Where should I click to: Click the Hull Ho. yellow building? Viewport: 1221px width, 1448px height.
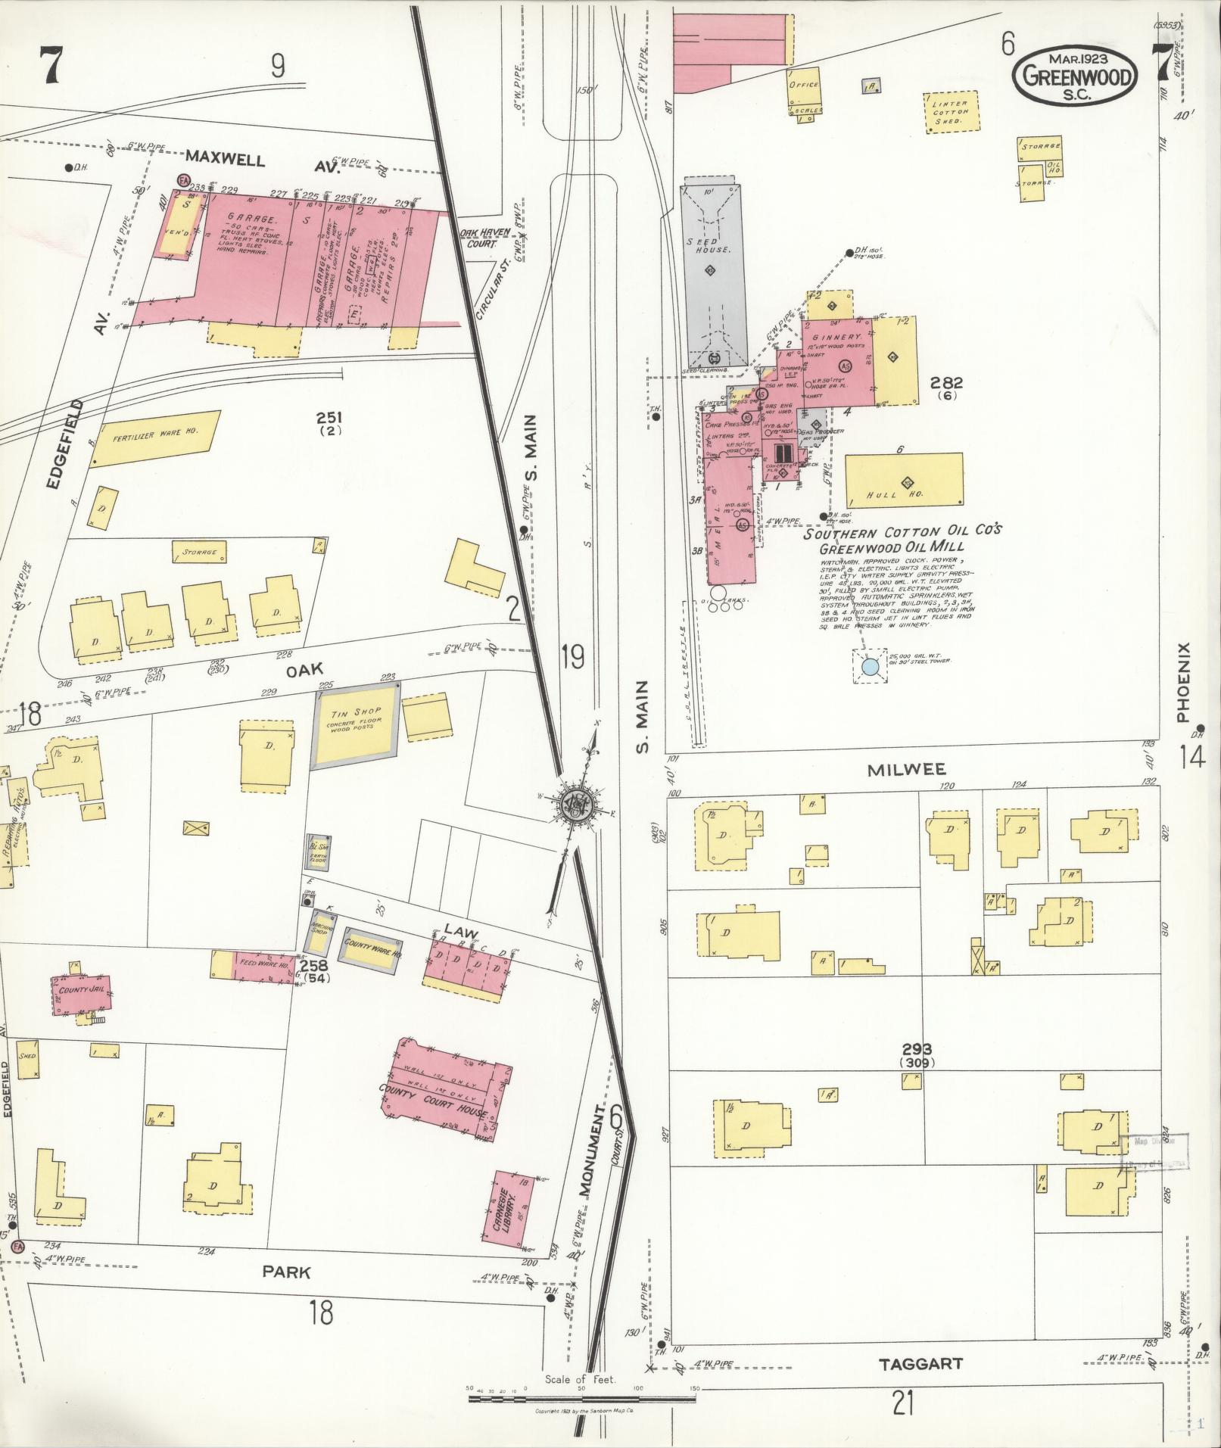pos(904,479)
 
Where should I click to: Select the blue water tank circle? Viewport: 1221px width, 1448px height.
pos(871,667)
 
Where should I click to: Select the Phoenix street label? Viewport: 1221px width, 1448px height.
pos(1185,682)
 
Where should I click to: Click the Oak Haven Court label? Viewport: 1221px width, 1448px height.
pos(478,238)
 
